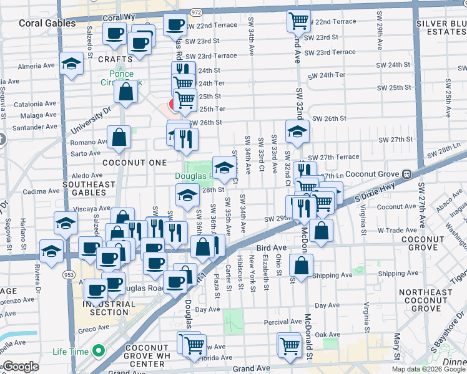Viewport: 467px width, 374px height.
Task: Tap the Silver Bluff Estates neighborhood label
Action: (440, 28)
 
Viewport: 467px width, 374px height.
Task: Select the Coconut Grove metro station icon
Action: (406, 174)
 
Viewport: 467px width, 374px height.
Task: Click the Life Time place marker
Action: (98, 352)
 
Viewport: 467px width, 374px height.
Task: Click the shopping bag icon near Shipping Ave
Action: (301, 266)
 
